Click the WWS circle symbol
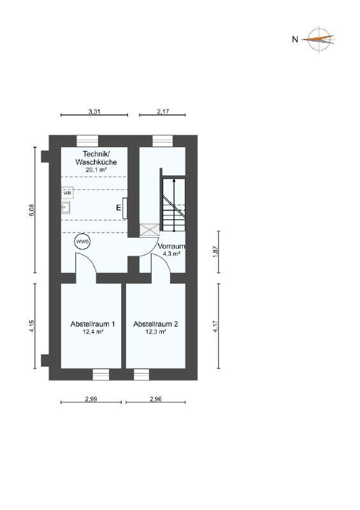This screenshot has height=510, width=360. [82, 242]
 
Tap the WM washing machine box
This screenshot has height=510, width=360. [68, 192]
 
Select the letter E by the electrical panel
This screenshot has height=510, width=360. [119, 208]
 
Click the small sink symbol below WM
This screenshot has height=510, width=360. [66, 207]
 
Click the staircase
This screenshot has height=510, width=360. [173, 204]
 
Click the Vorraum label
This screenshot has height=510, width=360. [171, 246]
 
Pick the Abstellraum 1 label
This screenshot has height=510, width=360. [92, 324]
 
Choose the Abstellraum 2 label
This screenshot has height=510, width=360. [155, 324]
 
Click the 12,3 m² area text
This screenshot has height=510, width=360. [155, 332]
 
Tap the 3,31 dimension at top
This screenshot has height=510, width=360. [94, 112]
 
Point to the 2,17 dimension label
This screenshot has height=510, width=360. [162, 112]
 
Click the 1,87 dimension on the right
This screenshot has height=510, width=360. [216, 251]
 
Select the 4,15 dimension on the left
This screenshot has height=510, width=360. [32, 326]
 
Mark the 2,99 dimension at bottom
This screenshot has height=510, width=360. [91, 399]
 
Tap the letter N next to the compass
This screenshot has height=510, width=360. [294, 40]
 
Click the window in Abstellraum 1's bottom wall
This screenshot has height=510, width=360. [101, 374]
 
